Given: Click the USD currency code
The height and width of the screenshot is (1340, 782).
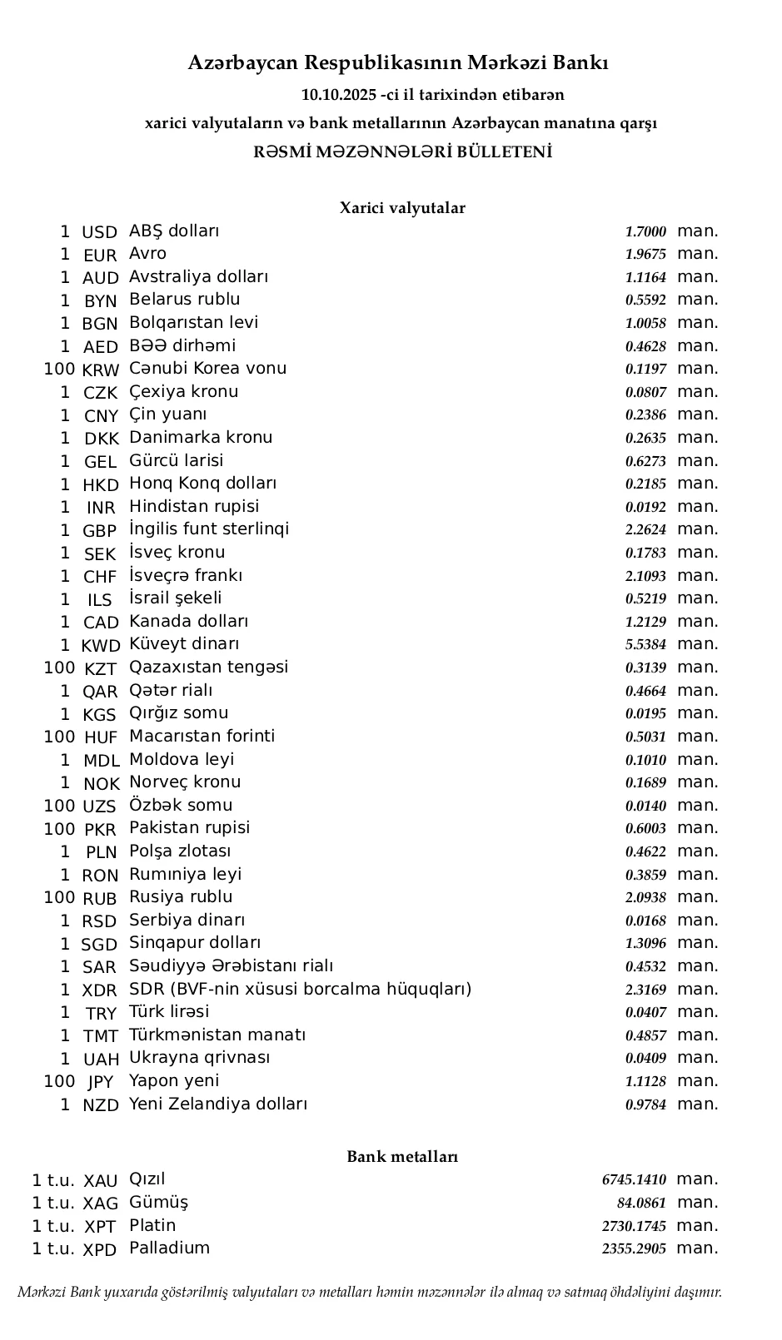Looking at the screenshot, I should coord(99,232).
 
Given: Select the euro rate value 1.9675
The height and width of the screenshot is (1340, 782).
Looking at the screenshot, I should coord(645,255).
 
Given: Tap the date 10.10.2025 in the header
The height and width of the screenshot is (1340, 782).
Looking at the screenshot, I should coord(338,95).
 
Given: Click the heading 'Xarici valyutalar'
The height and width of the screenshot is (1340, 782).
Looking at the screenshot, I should coord(401,208).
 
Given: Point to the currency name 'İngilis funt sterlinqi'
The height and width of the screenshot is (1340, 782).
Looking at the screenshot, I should coord(209,529).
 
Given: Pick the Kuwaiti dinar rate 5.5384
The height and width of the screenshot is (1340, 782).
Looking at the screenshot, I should coord(645,645).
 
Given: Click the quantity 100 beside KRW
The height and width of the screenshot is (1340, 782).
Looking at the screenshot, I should coord(59,369).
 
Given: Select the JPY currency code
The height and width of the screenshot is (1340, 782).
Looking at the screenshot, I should coord(100,1082).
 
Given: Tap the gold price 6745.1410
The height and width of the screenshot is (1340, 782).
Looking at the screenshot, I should coord(634,1180).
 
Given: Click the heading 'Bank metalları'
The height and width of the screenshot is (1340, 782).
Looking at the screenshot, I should coord(402,1157).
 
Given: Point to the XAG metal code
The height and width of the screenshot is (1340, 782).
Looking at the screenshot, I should coord(101,1204).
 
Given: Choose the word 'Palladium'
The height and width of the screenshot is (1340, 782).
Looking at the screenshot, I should coord(169,1248).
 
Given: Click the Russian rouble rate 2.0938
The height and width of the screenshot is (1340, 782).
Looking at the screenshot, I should coord(645,898).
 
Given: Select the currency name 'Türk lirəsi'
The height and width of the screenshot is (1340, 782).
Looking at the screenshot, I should coord(169,1012).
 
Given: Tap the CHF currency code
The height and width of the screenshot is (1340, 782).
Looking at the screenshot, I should coord(100,577).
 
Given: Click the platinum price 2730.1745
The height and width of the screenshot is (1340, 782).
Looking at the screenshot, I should coord(634,1227).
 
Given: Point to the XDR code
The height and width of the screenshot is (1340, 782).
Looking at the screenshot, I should coord(100,990).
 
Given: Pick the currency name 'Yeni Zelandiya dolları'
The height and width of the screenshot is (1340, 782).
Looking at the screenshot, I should coord(218,1104).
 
